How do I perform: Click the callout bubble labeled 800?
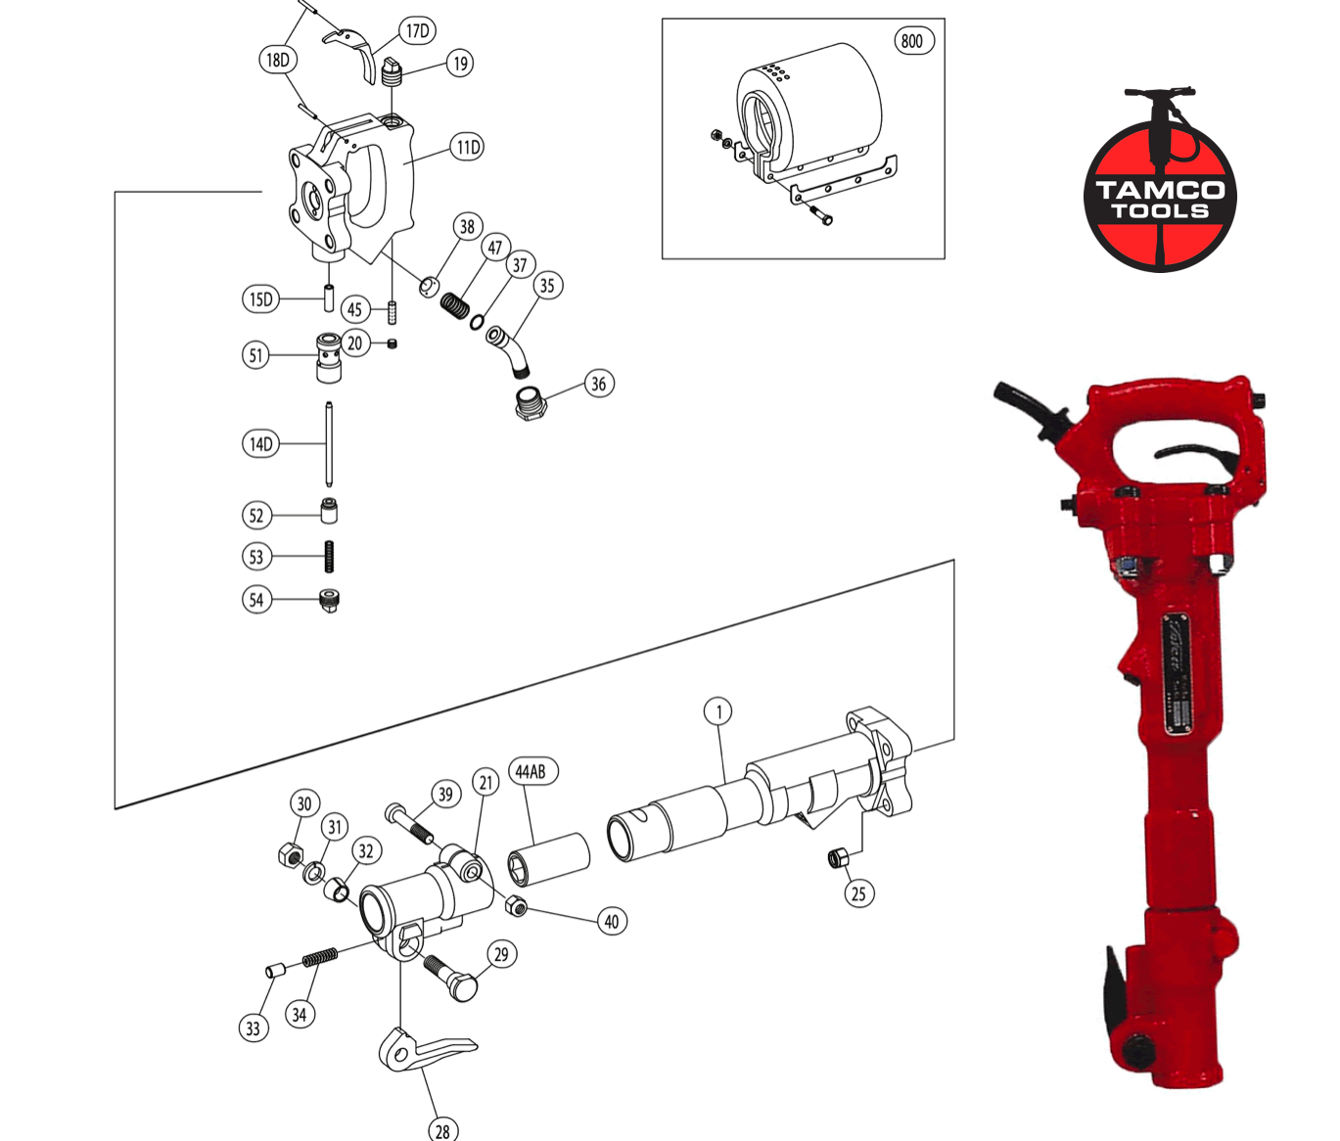912,41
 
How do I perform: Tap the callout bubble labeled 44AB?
531,772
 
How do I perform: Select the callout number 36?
598,384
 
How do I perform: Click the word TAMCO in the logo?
1160,190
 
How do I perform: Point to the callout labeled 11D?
468,148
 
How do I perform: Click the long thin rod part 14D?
329,444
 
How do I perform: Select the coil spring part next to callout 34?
319,957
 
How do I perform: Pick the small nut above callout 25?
838,858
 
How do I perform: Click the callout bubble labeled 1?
718,711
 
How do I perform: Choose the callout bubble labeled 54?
256,600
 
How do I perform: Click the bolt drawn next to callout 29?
451,977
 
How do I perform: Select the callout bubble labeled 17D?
417,31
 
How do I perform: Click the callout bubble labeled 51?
256,355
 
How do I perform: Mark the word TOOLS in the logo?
1160,211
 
